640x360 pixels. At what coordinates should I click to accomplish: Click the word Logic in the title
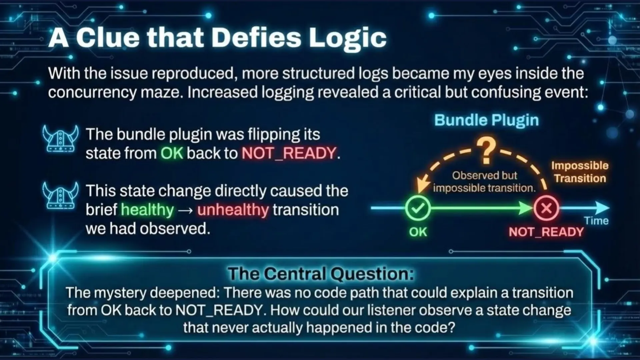[x=348, y=38]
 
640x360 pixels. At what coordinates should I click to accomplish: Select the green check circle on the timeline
[x=418, y=208]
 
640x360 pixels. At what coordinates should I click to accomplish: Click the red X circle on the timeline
[x=546, y=208]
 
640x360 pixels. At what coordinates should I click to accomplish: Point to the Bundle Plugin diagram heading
[x=486, y=120]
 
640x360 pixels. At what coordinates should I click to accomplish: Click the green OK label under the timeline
[x=418, y=232]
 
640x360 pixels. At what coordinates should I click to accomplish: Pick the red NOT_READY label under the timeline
[x=546, y=232]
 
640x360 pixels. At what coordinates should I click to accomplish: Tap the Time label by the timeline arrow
[x=596, y=221]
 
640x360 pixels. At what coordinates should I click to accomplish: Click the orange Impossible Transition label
[x=580, y=172]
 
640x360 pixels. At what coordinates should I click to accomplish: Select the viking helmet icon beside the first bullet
[x=60, y=139]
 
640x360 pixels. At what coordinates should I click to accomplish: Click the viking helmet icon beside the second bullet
[x=60, y=195]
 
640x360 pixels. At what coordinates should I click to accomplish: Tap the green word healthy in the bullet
[x=147, y=210]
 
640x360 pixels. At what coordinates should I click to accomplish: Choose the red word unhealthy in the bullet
[x=233, y=210]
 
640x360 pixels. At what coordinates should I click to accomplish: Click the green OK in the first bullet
[x=172, y=153]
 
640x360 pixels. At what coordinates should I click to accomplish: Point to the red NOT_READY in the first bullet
[x=289, y=153]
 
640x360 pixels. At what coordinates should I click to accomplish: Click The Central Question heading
[x=321, y=274]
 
